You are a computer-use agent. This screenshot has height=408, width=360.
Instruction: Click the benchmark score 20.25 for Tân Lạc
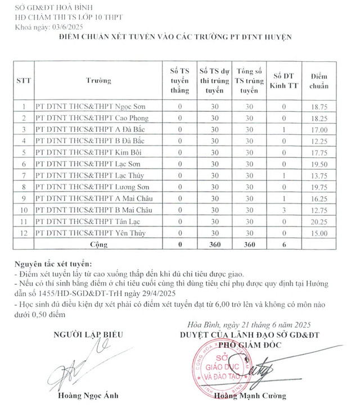point(315,221)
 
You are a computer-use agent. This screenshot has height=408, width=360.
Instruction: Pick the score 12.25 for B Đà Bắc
point(315,140)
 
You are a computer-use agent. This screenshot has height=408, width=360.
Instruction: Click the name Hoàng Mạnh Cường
point(250,396)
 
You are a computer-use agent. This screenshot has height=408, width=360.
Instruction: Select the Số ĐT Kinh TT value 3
point(285,210)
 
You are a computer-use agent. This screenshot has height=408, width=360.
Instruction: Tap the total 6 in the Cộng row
point(285,245)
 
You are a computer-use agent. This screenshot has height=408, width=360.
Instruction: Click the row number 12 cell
point(24,233)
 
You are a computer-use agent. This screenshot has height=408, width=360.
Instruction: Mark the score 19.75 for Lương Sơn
point(315,187)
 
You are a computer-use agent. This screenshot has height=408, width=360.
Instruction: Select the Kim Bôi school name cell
point(89,152)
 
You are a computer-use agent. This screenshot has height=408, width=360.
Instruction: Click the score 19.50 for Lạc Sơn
point(315,164)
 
